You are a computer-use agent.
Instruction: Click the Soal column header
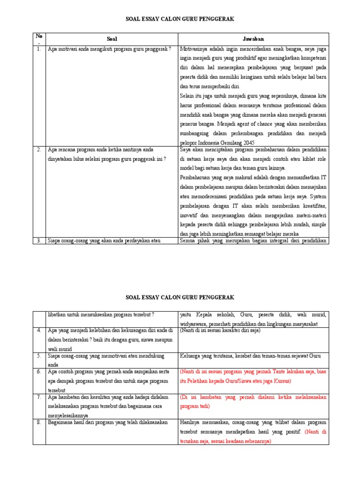111,39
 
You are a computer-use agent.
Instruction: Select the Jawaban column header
253,39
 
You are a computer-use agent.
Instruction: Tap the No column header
38,37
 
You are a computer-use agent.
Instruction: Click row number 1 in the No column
38,49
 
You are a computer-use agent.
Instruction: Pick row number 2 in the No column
38,150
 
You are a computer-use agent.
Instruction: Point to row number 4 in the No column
38,330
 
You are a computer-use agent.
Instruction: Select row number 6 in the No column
38,372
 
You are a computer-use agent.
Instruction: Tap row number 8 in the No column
38,422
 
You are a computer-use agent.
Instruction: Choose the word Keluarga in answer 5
191,356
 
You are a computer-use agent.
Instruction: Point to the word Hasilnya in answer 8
191,422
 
